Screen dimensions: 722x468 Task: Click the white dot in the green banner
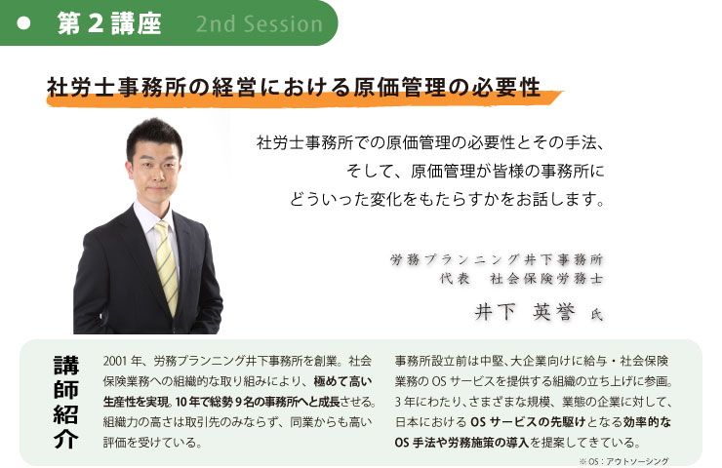click(23, 23)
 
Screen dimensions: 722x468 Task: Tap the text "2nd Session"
click(260, 24)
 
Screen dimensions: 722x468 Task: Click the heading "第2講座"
click(109, 23)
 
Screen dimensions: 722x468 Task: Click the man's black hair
click(154, 136)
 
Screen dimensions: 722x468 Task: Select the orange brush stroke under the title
click(303, 98)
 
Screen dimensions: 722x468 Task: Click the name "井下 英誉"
click(525, 312)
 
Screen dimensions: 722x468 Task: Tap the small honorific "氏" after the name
click(597, 315)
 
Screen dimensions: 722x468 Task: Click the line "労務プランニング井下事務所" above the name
click(497, 259)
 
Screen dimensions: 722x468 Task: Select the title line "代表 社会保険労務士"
click(521, 279)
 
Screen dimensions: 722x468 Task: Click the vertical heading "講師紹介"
click(65, 402)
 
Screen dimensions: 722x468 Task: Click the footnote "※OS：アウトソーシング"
click(623, 460)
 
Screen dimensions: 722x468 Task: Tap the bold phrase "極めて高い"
click(342, 381)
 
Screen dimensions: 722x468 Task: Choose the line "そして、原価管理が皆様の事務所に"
click(475, 172)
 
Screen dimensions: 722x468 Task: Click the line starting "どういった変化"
click(447, 199)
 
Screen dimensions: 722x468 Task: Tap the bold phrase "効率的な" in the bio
click(647, 421)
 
